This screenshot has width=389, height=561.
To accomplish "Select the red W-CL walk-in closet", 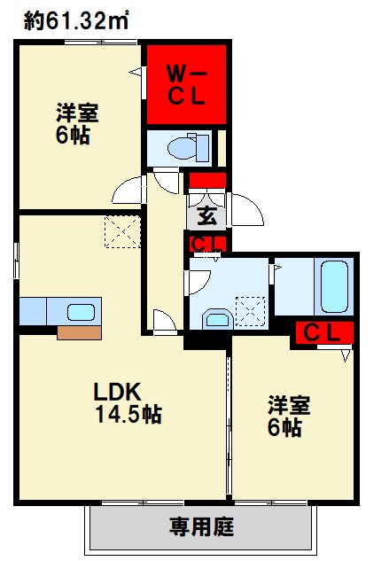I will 187,83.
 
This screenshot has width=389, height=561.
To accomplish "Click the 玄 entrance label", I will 205,214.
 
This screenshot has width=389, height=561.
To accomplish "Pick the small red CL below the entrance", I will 206,243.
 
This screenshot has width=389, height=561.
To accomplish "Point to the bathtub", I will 336,286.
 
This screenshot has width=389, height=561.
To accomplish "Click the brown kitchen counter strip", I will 80,332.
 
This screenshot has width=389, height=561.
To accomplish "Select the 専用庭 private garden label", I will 201,529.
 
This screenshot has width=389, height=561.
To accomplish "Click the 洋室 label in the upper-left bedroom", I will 77,114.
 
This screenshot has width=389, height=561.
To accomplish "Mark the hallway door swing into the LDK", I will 163,319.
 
